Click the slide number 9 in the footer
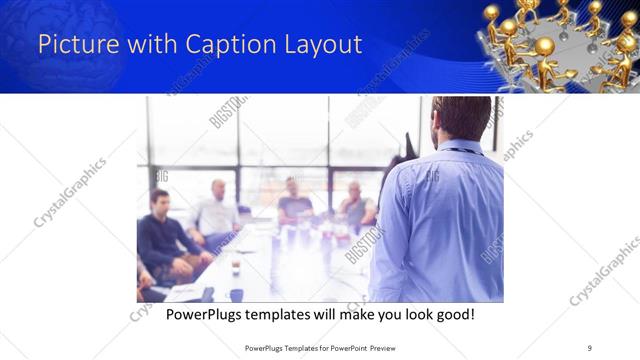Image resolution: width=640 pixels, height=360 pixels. click(590, 347)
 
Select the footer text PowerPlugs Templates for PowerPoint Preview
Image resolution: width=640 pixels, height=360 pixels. click(320, 347)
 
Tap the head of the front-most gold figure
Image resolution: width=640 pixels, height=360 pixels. click(544, 46)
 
